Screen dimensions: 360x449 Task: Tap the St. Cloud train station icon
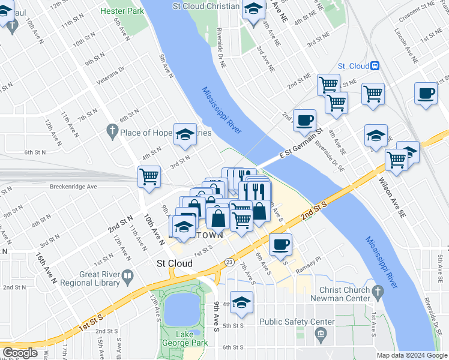(375, 66)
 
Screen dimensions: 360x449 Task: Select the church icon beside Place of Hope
(112, 130)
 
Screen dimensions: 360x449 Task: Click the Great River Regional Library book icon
(127, 276)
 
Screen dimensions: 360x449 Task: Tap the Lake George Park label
(184, 338)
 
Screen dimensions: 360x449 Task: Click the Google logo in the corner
(20, 353)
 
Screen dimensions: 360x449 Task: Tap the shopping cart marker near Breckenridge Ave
(149, 177)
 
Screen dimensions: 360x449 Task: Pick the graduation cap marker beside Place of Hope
(185, 134)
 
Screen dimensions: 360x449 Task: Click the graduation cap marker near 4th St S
(241, 302)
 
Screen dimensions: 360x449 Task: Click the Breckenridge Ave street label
(74, 187)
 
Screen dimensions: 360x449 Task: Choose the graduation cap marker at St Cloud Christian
(253, 9)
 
